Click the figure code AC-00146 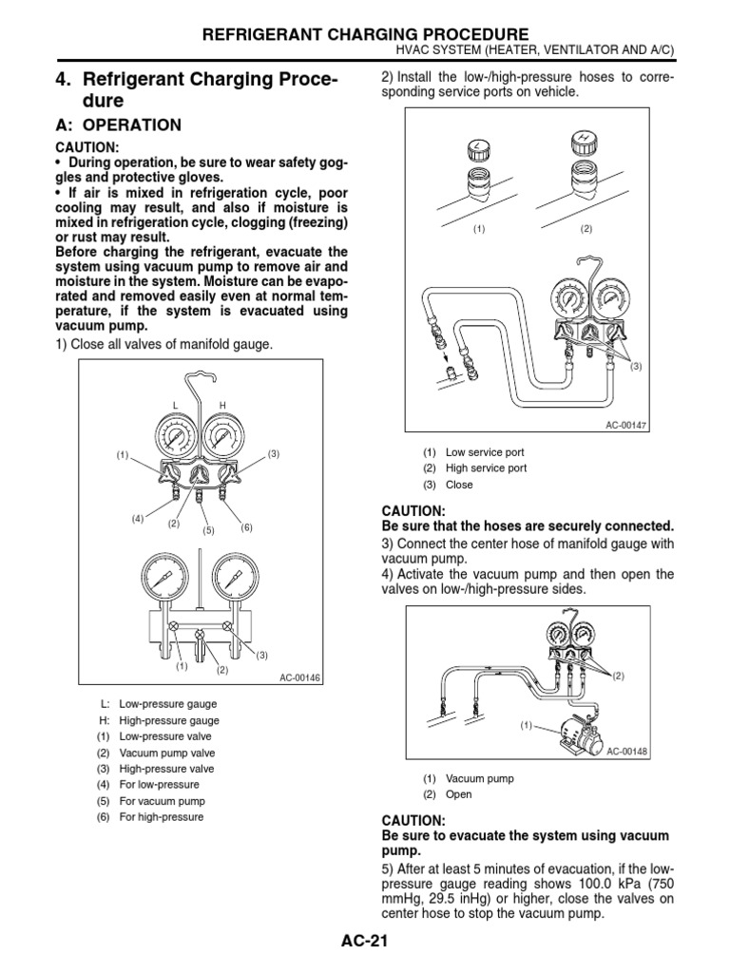301,677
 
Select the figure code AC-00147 626,425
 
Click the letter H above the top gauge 223,406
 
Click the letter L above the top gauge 175,406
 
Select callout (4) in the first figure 138,519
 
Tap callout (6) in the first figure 246,525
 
